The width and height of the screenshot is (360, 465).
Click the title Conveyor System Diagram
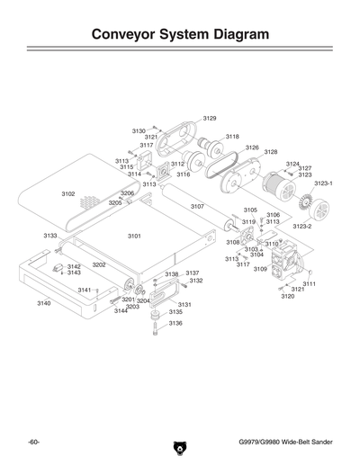pyautogui.click(x=180, y=35)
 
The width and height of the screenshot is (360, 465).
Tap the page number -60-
pyautogui.click(x=33, y=443)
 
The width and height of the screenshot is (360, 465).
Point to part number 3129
pyautogui.click(x=209, y=118)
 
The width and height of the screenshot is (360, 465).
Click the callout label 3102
pyautogui.click(x=68, y=193)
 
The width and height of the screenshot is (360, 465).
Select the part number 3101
pyautogui.click(x=134, y=236)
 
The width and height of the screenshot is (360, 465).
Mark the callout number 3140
pyautogui.click(x=43, y=304)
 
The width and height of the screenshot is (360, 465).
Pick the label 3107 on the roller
pyautogui.click(x=197, y=206)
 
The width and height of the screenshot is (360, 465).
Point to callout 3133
pyautogui.click(x=50, y=236)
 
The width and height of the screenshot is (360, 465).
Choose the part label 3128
pyautogui.click(x=270, y=152)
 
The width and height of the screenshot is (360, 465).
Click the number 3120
pyautogui.click(x=287, y=296)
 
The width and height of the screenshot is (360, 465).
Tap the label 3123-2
pyautogui.click(x=301, y=227)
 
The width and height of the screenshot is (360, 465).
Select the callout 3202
pyautogui.click(x=99, y=265)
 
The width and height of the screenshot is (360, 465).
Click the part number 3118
pyautogui.click(x=232, y=137)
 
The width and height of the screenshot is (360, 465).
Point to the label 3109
pyautogui.click(x=260, y=269)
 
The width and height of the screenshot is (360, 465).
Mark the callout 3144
pyautogui.click(x=121, y=311)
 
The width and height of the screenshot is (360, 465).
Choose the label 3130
pyautogui.click(x=139, y=130)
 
